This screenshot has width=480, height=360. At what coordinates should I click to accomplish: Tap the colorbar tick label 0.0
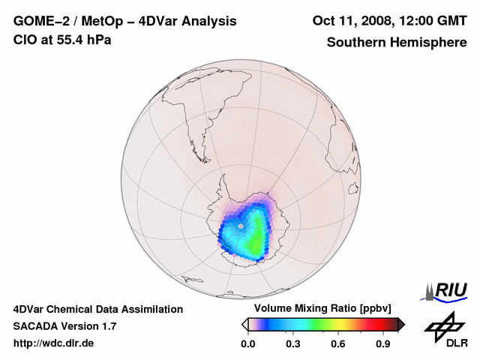248,344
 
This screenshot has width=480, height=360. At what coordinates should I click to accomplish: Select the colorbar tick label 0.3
293,344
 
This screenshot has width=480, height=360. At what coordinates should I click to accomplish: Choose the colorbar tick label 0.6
338,344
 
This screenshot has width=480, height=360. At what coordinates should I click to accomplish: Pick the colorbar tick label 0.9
383,344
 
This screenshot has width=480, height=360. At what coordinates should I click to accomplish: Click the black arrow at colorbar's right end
401,324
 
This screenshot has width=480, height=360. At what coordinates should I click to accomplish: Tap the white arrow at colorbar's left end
244,324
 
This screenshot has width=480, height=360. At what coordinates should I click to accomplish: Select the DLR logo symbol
444,325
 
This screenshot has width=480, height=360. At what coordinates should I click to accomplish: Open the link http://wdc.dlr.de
54,343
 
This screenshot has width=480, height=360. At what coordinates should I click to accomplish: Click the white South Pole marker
240,225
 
